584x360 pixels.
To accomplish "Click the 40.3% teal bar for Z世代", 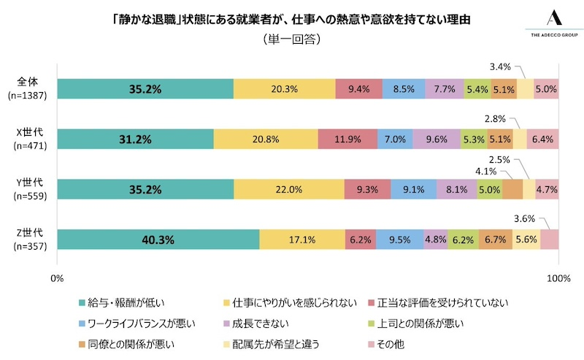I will [158, 240].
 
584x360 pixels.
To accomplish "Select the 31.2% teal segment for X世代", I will [135, 139].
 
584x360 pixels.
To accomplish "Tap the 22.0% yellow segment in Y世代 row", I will [288, 189].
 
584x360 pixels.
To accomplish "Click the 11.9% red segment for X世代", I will [347, 139].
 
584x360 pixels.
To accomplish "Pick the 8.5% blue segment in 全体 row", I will [403, 88].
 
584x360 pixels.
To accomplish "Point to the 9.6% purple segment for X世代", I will [436, 139].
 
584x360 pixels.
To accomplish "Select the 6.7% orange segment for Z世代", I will [495, 240].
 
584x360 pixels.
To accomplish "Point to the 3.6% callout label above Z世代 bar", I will [524, 218].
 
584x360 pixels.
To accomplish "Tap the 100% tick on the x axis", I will [558, 278].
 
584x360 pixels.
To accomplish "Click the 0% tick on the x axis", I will [57, 278].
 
